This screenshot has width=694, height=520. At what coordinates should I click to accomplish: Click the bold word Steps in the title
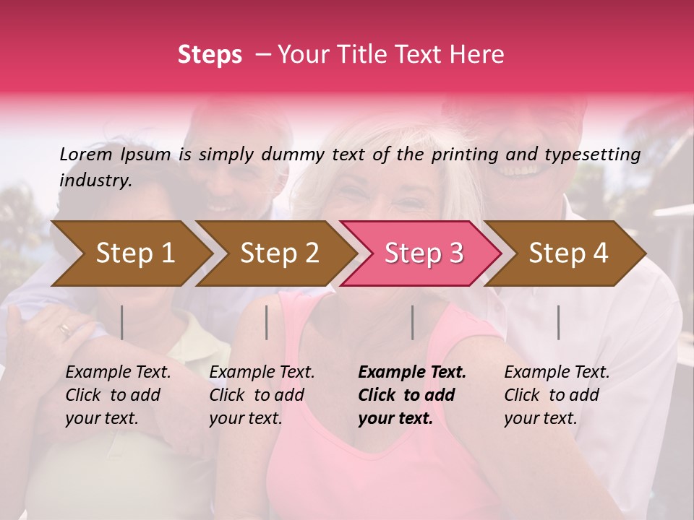click(x=210, y=55)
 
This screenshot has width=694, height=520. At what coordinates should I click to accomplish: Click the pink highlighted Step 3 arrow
click(x=424, y=253)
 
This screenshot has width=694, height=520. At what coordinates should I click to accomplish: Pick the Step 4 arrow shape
click(x=568, y=253)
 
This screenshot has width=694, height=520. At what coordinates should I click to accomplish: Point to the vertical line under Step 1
click(x=122, y=322)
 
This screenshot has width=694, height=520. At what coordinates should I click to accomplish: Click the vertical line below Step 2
click(x=267, y=322)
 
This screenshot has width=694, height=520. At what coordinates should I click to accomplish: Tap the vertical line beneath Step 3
click(x=412, y=322)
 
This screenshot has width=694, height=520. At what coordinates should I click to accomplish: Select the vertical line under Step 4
click(x=558, y=322)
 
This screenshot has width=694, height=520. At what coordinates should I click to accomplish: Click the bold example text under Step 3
click(x=412, y=395)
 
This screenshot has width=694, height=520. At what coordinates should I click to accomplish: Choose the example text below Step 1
click(x=118, y=395)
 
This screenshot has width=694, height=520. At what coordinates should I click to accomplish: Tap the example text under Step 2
click(x=262, y=395)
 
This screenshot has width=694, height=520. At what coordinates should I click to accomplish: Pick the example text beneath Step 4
click(x=557, y=395)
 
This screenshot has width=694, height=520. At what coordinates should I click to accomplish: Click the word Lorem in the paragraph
click(x=86, y=155)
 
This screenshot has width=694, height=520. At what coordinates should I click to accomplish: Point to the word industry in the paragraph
click(x=95, y=181)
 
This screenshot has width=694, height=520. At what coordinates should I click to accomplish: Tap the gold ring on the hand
click(x=65, y=330)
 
